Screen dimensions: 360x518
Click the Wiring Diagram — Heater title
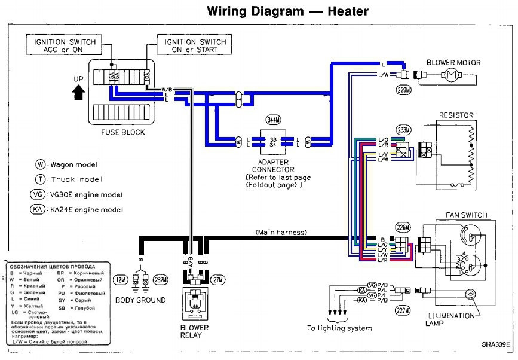pos(287,11)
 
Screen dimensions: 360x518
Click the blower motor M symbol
pos(449,75)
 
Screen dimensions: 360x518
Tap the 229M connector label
pos(404,91)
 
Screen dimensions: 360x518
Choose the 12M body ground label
pos(122,279)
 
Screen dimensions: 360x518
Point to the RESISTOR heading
pos(456,115)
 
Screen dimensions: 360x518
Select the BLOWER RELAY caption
pos(194,331)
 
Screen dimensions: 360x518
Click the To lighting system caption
pos(339,328)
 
